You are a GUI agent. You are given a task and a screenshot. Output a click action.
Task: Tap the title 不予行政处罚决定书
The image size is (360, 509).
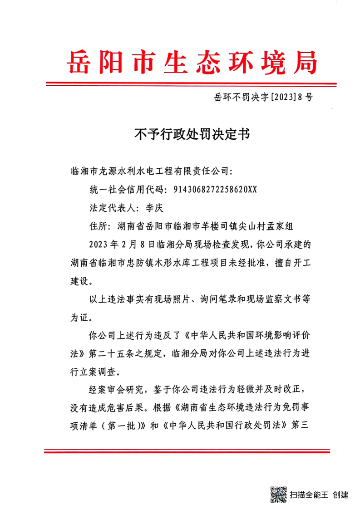192,135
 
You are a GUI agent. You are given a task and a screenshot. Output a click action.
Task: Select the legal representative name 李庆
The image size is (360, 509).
150,208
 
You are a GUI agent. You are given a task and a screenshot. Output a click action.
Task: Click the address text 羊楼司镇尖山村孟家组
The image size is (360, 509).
246,225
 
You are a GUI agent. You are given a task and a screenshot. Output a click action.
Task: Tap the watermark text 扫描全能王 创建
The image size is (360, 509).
319,494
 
